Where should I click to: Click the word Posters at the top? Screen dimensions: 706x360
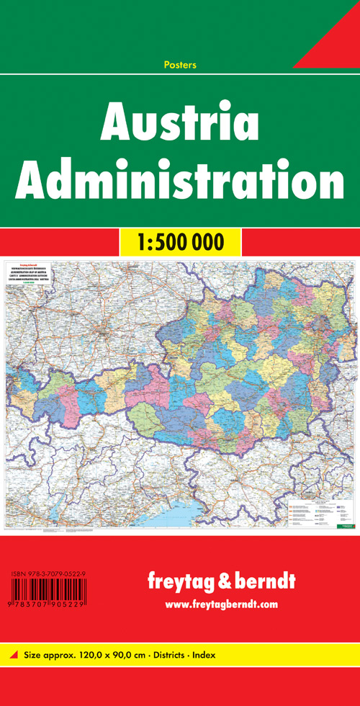click(180, 66)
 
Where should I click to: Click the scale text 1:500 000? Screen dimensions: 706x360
click(179, 241)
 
